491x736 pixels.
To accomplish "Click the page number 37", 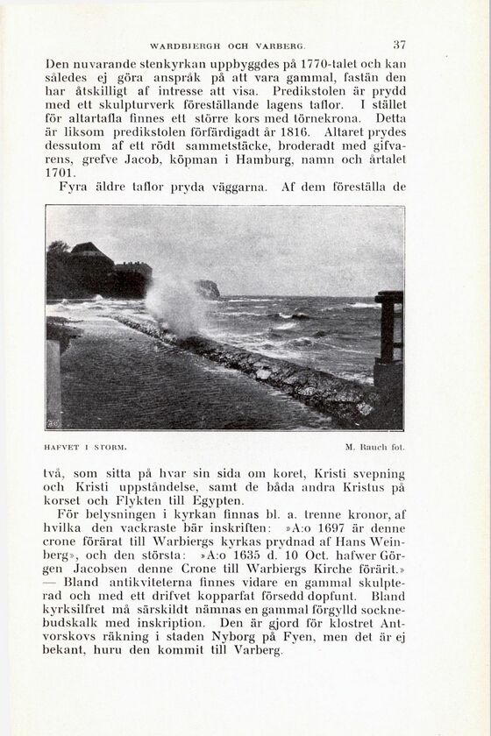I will [x=399, y=45].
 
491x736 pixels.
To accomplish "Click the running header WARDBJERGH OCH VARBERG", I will [x=226, y=45].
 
